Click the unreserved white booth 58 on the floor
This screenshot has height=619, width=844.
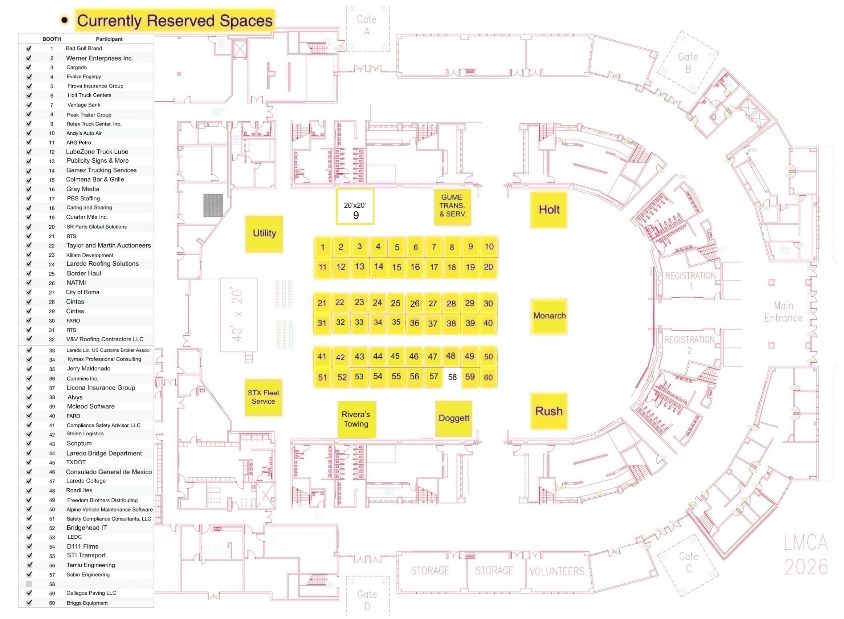point(452,377)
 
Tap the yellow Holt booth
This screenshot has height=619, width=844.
point(549,210)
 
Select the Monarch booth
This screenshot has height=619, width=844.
point(549,316)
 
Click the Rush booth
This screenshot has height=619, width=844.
point(549,411)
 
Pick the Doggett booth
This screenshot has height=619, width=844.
point(453,418)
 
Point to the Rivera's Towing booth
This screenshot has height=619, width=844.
point(356,419)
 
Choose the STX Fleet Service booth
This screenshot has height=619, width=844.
point(263,397)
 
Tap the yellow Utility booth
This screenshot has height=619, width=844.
point(264,233)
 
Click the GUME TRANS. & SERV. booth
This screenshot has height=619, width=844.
point(452,206)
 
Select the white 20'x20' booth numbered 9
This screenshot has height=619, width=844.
point(355,207)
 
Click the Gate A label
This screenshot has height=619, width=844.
point(367,25)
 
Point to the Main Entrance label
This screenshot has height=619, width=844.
point(783,312)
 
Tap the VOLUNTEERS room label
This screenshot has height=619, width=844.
point(556,571)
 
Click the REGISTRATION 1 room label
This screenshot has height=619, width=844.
point(690,280)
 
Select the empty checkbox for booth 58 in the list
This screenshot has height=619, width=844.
point(29,584)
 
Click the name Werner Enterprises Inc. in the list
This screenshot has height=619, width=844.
point(100,58)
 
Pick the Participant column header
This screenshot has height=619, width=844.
point(109,39)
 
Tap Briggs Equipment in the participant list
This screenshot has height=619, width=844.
point(87,603)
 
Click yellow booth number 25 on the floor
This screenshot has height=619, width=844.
point(396,303)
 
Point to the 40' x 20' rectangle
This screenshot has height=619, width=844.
point(238,315)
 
